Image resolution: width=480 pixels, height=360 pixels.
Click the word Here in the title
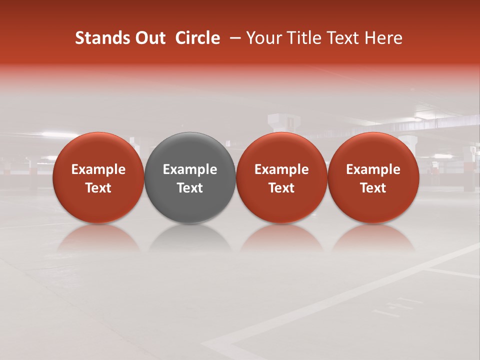pos(384,38)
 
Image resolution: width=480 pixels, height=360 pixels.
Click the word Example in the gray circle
pos(190,169)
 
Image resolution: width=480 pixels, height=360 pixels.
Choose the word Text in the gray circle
pos(190,188)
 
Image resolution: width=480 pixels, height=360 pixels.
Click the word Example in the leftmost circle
pos(98,169)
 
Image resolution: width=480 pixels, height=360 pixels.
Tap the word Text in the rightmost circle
pos(373,188)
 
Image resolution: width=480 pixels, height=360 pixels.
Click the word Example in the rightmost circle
pos(373,169)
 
